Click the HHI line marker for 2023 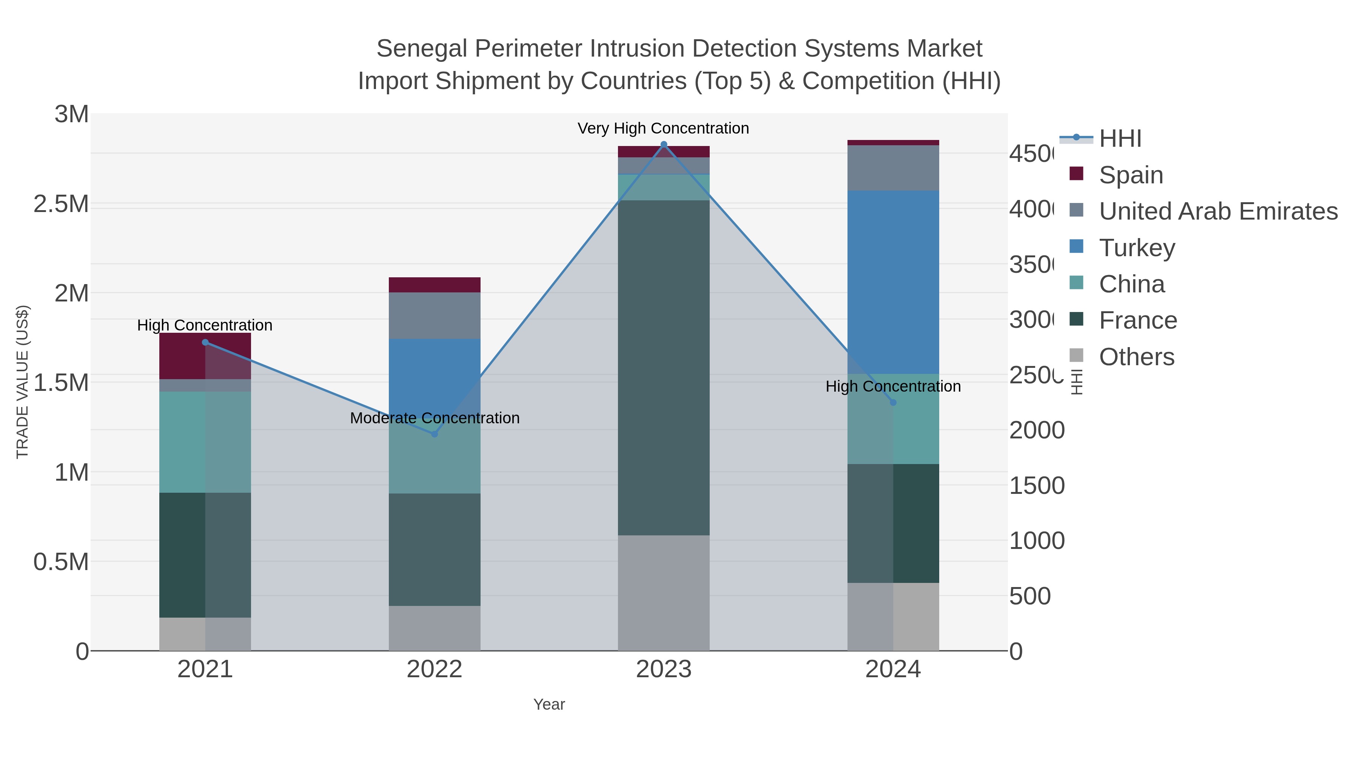[664, 144]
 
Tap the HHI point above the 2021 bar [205, 342]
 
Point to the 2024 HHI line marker [893, 402]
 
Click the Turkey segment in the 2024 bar [893, 282]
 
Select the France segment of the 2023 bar [664, 367]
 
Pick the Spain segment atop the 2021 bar [205, 355]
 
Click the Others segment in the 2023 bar [664, 593]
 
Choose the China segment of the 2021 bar [205, 442]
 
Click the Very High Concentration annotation [663, 128]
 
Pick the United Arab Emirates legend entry [1217, 211]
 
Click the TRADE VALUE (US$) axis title [22, 382]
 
